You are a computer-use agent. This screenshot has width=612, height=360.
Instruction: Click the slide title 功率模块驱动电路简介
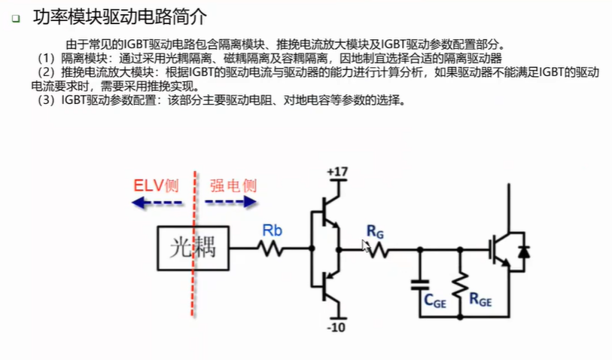click(x=120, y=17)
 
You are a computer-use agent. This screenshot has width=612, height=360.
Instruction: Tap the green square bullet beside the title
click(x=16, y=18)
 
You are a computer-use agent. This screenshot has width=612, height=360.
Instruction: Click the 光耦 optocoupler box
click(x=193, y=248)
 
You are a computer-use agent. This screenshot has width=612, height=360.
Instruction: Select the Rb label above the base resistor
click(x=272, y=230)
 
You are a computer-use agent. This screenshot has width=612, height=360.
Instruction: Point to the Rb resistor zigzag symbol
click(x=270, y=249)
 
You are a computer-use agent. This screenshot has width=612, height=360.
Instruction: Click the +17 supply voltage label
click(x=337, y=172)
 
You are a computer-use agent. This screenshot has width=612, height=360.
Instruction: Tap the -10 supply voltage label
click(x=336, y=327)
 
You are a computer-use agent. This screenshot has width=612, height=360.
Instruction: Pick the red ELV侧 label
click(x=156, y=185)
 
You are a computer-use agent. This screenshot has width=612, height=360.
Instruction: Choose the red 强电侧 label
click(x=233, y=185)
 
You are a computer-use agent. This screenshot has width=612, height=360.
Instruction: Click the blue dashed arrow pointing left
click(x=157, y=203)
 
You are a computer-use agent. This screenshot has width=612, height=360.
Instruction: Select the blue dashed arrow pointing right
click(x=231, y=202)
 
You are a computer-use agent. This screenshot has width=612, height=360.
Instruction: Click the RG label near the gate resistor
click(x=375, y=232)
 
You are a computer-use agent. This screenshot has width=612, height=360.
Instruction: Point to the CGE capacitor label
click(x=435, y=301)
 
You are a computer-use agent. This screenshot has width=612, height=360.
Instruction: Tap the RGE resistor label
click(x=480, y=299)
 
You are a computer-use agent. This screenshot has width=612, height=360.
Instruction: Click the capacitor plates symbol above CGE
click(x=420, y=285)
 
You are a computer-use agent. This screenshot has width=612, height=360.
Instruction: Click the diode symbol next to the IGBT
click(x=523, y=252)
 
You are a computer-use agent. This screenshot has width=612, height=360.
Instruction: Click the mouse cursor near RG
click(x=366, y=247)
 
